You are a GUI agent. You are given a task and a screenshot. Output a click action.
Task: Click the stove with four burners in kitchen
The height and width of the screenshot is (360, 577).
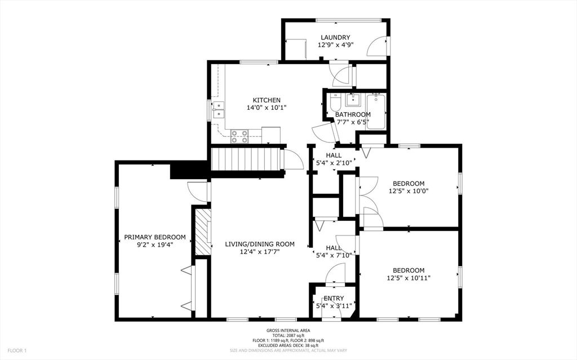click(239, 135)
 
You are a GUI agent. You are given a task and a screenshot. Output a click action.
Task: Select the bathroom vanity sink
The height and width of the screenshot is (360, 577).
click(353, 101)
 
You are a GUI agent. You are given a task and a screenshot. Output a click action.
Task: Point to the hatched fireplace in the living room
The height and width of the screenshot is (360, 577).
click(202, 232)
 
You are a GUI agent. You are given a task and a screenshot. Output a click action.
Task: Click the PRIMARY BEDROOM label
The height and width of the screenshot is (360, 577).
click(155, 237)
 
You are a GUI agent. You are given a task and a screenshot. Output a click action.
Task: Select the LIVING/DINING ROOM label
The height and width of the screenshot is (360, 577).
click(260, 244)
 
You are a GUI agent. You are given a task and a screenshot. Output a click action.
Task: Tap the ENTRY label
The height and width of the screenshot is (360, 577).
click(334, 299)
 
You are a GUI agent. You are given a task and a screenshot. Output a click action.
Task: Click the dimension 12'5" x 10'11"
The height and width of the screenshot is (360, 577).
click(409, 278)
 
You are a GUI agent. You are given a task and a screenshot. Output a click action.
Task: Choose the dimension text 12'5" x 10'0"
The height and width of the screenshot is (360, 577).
click(409, 191)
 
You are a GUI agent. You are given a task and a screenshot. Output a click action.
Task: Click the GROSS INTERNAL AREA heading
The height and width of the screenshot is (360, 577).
click(288, 331)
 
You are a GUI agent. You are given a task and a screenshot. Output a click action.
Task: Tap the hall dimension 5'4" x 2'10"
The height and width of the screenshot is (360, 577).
click(334, 163)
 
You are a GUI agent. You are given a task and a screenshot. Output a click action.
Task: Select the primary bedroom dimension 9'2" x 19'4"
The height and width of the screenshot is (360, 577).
click(155, 245)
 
